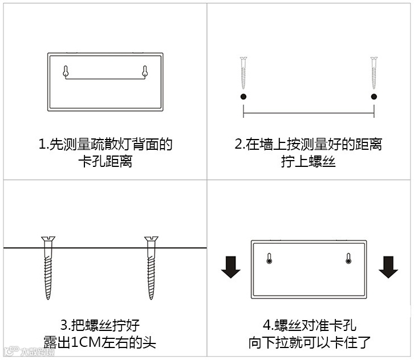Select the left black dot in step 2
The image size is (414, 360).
click(x=243, y=97)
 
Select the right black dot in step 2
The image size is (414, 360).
click(x=374, y=97)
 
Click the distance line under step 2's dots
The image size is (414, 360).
click(x=309, y=113)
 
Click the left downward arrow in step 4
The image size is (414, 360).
click(x=231, y=266)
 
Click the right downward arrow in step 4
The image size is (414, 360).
click(x=388, y=266)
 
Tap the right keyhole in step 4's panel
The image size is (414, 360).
click(x=348, y=259)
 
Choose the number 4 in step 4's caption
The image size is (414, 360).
click(x=266, y=326)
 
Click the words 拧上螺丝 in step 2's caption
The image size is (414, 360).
click(x=309, y=162)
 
